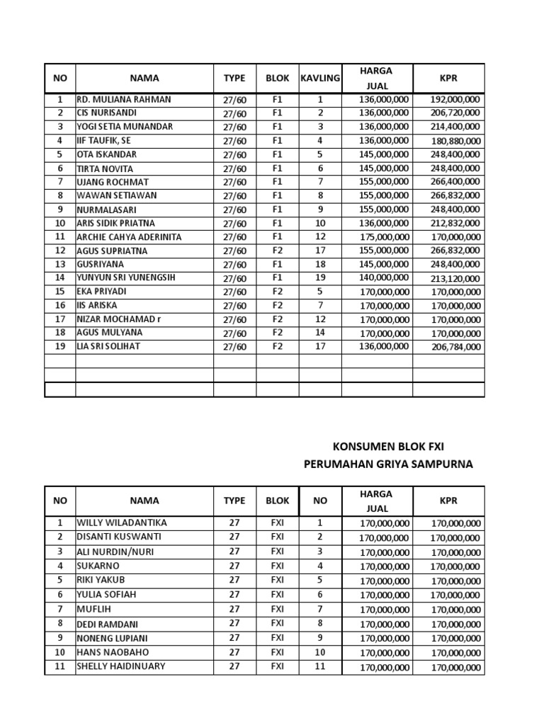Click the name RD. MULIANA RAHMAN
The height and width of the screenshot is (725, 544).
124,100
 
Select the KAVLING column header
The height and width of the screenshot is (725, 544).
320,78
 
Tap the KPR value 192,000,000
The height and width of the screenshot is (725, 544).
455,100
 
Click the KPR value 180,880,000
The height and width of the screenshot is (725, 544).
455,141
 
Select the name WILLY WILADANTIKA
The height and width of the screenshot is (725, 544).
122,523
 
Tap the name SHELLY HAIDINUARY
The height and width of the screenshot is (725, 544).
121,666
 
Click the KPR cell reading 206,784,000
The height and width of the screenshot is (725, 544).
455,347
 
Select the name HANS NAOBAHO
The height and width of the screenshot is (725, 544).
113,652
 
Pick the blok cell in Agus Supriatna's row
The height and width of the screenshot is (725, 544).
277,250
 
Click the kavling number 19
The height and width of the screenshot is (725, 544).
320,278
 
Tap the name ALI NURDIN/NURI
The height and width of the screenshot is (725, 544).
115,552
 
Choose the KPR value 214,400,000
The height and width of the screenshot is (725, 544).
455,127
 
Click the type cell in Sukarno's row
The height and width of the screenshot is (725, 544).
234,566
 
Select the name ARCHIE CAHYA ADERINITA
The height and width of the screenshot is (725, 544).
129,236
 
